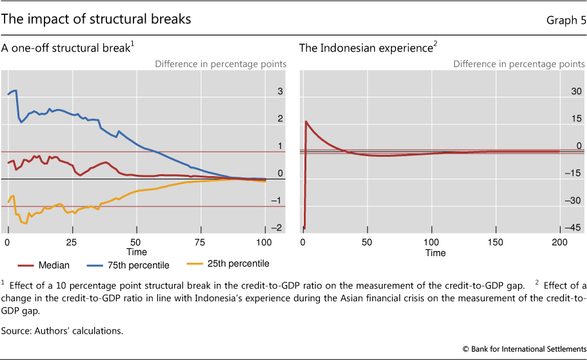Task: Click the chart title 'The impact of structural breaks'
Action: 97,19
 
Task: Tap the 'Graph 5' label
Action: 565,20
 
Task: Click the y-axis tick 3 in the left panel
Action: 280,92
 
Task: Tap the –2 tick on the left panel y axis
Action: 277,228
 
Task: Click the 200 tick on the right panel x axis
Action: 559,241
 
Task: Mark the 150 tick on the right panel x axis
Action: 495,241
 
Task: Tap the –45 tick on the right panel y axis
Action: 573,228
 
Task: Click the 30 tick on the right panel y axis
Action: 575,92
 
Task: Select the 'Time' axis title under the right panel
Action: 435,252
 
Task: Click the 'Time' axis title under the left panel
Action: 137,252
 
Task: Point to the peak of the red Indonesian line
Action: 306,121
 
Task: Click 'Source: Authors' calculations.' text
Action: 62,331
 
